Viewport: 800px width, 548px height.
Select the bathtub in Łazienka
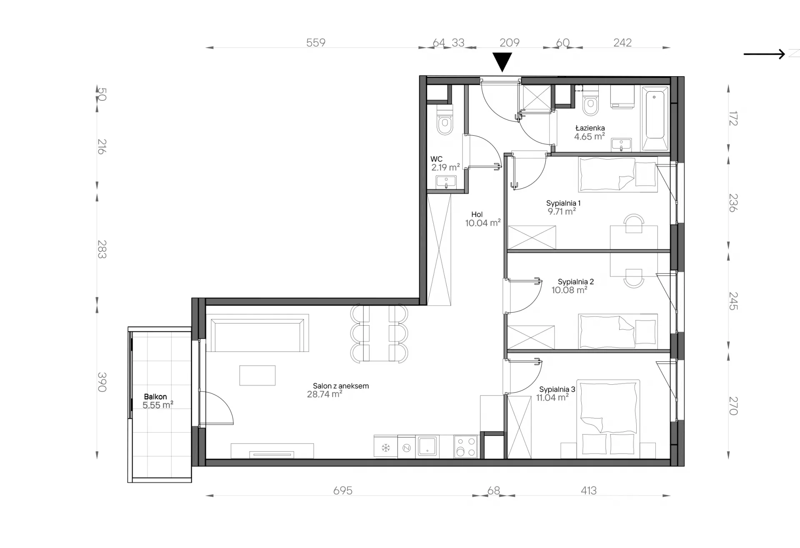pos(655,119)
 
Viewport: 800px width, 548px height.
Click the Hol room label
pos(477,214)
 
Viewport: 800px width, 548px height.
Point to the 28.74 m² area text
pos(325,394)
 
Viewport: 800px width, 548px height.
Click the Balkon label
pos(155,397)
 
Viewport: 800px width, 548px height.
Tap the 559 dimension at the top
pos(316,42)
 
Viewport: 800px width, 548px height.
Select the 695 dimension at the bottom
pos(343,491)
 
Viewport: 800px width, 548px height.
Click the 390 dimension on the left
pos(102,382)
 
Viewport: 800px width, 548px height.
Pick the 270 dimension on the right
pos(733,406)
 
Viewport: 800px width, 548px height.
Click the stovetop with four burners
pos(466,446)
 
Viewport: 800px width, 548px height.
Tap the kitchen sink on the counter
pos(427,446)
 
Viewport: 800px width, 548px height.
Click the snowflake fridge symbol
pos(386,448)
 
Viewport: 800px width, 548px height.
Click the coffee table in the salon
pos(257,375)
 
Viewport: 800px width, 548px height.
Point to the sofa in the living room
pos(257,333)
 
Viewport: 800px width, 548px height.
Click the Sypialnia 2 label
pos(576,282)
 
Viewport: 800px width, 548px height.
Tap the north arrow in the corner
pos(764,54)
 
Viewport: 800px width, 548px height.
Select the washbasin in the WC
pos(446,182)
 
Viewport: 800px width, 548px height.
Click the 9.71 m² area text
pos(562,212)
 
